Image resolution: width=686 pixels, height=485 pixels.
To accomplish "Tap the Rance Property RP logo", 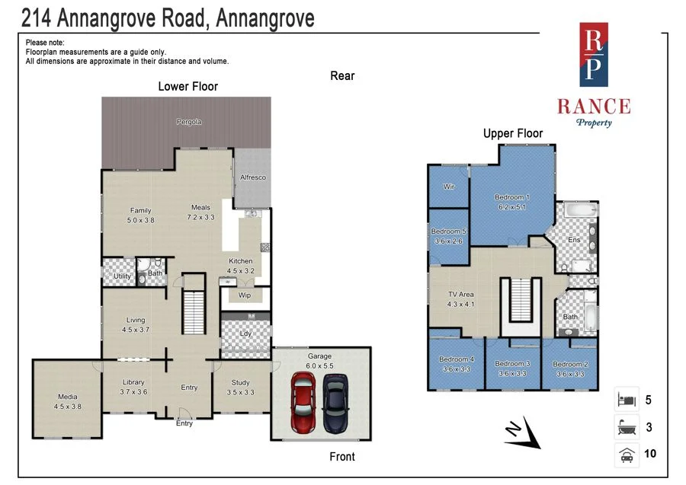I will (x=594, y=54).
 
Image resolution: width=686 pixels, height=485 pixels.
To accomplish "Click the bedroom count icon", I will (x=626, y=399).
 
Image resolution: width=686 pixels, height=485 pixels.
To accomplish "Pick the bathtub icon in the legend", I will (x=626, y=427).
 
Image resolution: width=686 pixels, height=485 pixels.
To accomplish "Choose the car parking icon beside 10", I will (x=626, y=455).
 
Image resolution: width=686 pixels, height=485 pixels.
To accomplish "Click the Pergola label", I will (x=189, y=122).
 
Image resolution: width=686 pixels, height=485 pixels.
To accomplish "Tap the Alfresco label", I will (x=253, y=177).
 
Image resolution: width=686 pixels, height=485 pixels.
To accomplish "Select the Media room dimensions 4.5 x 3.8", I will (x=69, y=406).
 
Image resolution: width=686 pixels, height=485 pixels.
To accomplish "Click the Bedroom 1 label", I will (x=512, y=197).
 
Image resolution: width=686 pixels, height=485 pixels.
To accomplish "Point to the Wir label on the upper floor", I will (x=450, y=186).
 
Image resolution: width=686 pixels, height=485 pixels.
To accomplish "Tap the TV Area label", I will (x=461, y=295).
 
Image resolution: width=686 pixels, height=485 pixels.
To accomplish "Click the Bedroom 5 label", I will (x=447, y=231).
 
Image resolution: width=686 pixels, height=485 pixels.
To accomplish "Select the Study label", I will (x=241, y=382).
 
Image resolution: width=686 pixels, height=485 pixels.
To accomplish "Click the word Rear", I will (x=342, y=75).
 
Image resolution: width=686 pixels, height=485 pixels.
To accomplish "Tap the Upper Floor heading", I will (x=513, y=134).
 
